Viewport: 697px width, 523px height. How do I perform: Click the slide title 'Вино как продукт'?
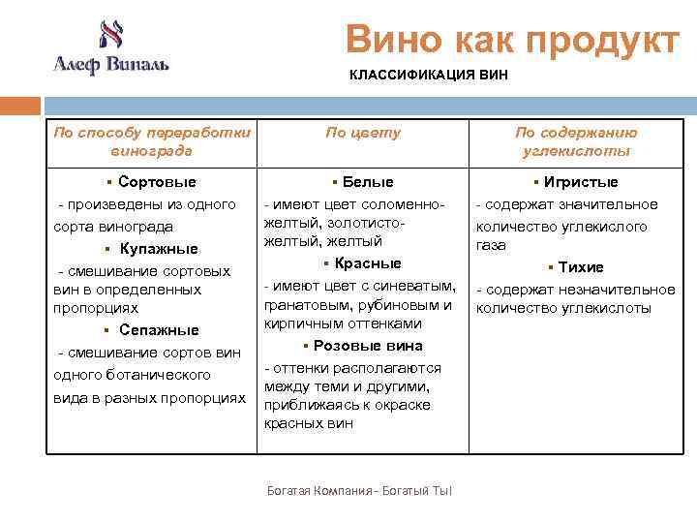[x=513, y=40]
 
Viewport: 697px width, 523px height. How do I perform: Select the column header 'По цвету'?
[x=362, y=133]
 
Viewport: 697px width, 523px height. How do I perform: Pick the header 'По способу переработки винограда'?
[x=151, y=141]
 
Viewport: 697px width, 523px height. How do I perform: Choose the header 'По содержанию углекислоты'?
[x=576, y=141]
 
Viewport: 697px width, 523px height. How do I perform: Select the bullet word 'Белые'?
[x=368, y=182]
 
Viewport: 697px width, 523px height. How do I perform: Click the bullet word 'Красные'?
[x=368, y=263]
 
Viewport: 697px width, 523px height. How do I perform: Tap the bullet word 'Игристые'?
[x=581, y=182]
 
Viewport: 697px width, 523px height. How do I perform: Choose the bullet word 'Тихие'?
[x=581, y=267]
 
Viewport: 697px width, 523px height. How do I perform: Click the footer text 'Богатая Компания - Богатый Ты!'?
[x=360, y=491]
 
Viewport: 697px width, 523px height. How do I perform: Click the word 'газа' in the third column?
[x=491, y=246]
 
